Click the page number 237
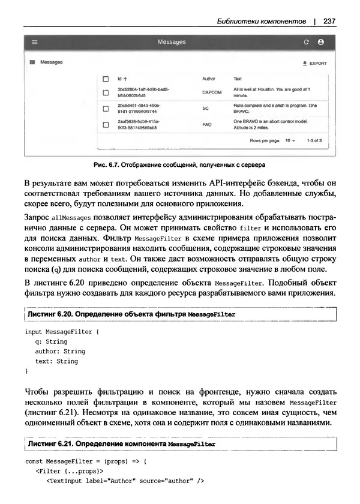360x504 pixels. (x=328, y=22)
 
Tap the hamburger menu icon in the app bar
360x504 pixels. (x=35, y=43)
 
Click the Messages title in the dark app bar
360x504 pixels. (x=171, y=43)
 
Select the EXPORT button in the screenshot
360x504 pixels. (x=315, y=62)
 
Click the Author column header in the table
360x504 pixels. (x=209, y=79)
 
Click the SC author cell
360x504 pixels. (x=206, y=109)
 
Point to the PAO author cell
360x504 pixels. (x=208, y=124)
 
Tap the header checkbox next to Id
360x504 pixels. (x=105, y=79)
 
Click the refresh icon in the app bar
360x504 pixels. (x=306, y=43)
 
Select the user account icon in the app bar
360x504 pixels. (x=320, y=43)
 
